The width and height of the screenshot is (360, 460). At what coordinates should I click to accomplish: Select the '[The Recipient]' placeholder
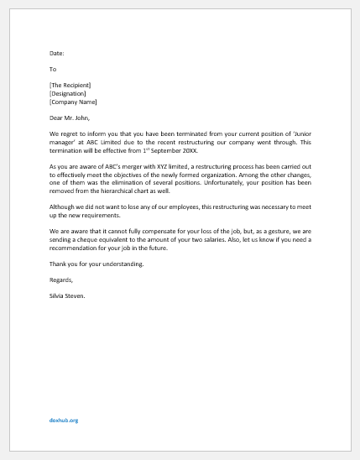[x=70, y=85]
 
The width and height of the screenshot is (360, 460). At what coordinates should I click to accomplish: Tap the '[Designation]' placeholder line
[x=67, y=93]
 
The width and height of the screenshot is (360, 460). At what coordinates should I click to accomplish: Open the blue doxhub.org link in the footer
[x=63, y=420]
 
